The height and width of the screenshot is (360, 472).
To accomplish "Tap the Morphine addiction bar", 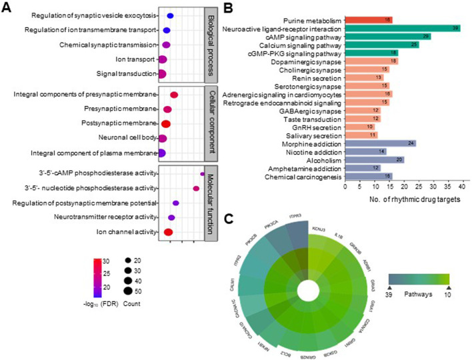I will (x=380, y=143).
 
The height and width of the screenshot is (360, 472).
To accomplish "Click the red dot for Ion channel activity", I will (x=168, y=232).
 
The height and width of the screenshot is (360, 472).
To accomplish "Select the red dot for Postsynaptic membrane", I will (x=167, y=123).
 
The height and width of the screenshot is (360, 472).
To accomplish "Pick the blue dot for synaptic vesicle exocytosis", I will (x=170, y=15).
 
